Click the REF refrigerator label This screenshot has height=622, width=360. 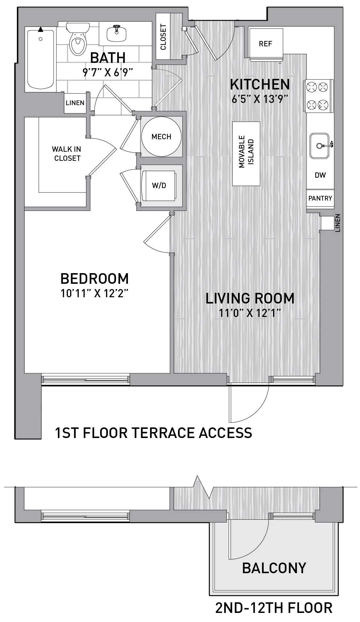[x=265, y=44]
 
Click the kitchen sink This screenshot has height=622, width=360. [x=320, y=145]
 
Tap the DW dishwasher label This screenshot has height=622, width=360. [x=320, y=175]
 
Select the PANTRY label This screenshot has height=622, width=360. [x=320, y=198]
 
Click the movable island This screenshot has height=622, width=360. [x=246, y=154]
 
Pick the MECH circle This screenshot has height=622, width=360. [x=161, y=136]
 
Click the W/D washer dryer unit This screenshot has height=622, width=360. [x=159, y=186]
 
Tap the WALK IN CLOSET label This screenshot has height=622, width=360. [x=66, y=154]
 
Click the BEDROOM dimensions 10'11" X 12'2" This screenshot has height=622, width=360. [x=95, y=293]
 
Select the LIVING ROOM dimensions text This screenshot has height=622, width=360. [x=250, y=313]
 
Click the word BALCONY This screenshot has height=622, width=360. [x=274, y=568]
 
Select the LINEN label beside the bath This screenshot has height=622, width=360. [x=75, y=103]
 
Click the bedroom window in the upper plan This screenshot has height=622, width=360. [x=85, y=379]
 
